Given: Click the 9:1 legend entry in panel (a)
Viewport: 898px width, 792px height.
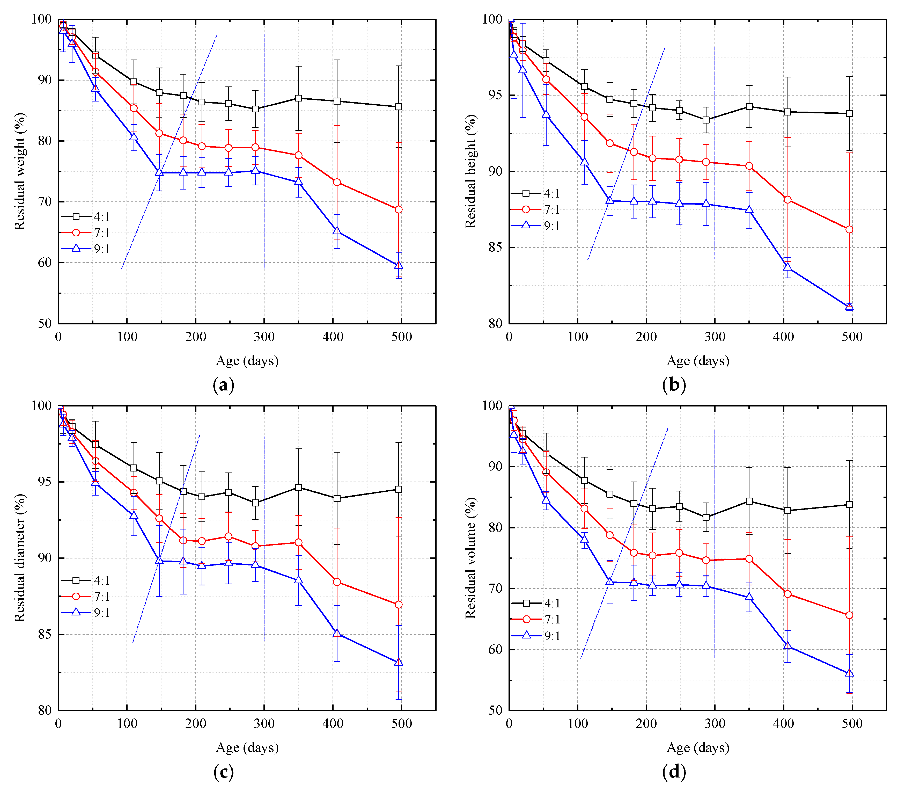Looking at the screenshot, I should (86, 249).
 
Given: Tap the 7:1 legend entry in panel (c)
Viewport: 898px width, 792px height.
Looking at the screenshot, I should (86, 597).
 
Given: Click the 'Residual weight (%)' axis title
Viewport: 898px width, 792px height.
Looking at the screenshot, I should (19, 171).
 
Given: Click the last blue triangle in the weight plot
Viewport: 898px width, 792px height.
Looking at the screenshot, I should (399, 265).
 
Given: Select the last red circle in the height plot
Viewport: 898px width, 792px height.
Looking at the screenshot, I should (849, 229).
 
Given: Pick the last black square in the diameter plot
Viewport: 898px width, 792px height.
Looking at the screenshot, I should (399, 489).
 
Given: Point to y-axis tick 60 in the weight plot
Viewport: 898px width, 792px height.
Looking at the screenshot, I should (44, 263).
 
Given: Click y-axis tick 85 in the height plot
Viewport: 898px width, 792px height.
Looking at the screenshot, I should (495, 248).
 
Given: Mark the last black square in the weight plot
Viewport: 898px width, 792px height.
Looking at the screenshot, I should (399, 107).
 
